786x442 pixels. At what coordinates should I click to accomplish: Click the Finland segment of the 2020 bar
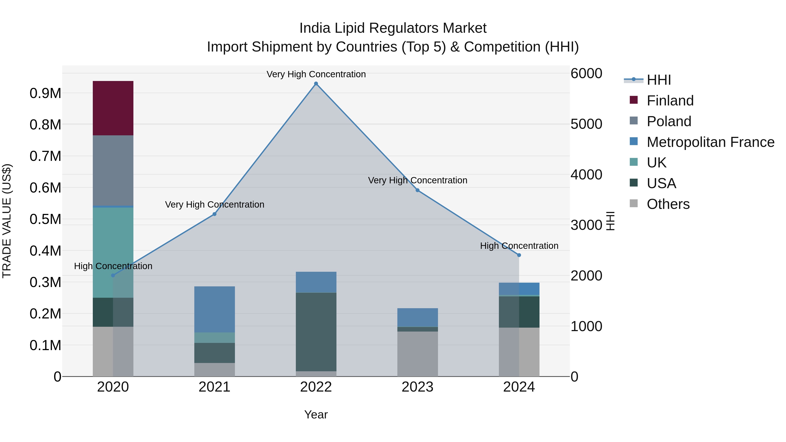(x=113, y=108)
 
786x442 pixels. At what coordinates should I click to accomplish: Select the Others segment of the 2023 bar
(x=417, y=354)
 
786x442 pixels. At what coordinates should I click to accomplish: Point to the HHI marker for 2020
(x=113, y=275)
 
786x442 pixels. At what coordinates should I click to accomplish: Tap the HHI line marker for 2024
(x=519, y=255)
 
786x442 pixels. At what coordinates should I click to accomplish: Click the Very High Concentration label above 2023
(x=417, y=180)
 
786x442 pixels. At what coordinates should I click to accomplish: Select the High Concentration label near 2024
(x=519, y=246)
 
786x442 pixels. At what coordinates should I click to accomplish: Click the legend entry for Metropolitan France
(x=710, y=142)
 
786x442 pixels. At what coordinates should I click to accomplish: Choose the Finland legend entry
(x=670, y=100)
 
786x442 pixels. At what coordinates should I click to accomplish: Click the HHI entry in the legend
(x=658, y=80)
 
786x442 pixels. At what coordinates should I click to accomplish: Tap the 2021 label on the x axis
(x=214, y=387)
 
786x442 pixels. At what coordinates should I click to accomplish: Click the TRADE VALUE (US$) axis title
(x=7, y=221)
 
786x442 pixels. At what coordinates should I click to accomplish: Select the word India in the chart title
(x=315, y=28)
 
